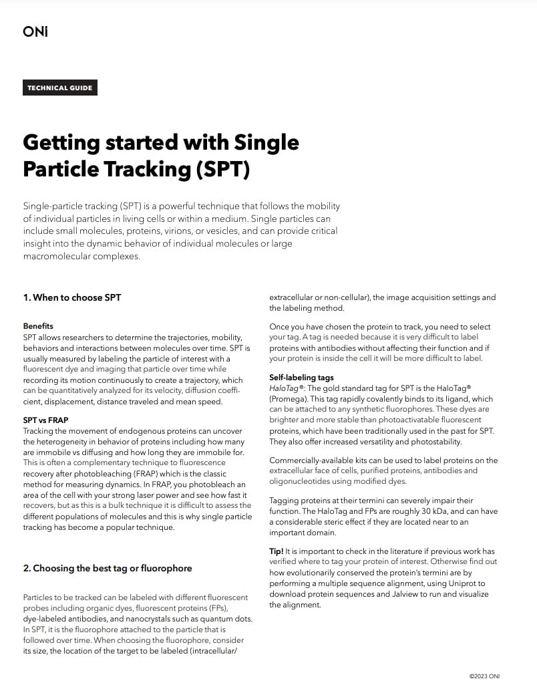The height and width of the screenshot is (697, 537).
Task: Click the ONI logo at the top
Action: [x=35, y=31]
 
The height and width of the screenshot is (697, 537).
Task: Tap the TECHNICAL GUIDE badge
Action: [x=60, y=88]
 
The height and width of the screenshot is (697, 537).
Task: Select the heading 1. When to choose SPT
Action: [x=72, y=297]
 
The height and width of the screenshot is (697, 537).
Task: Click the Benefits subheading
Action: [x=38, y=325]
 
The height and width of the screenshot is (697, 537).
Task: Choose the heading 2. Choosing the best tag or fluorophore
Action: [x=108, y=568]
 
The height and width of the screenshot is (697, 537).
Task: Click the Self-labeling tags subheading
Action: [x=301, y=378]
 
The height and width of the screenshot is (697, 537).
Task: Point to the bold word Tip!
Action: [x=276, y=551]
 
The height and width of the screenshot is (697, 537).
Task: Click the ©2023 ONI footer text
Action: [x=484, y=676]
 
